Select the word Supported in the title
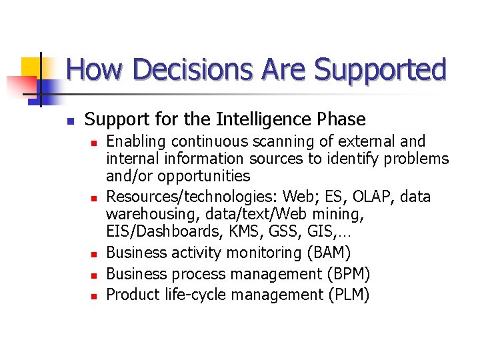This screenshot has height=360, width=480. (381, 69)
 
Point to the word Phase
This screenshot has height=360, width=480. (341, 119)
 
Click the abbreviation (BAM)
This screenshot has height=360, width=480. (329, 253)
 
